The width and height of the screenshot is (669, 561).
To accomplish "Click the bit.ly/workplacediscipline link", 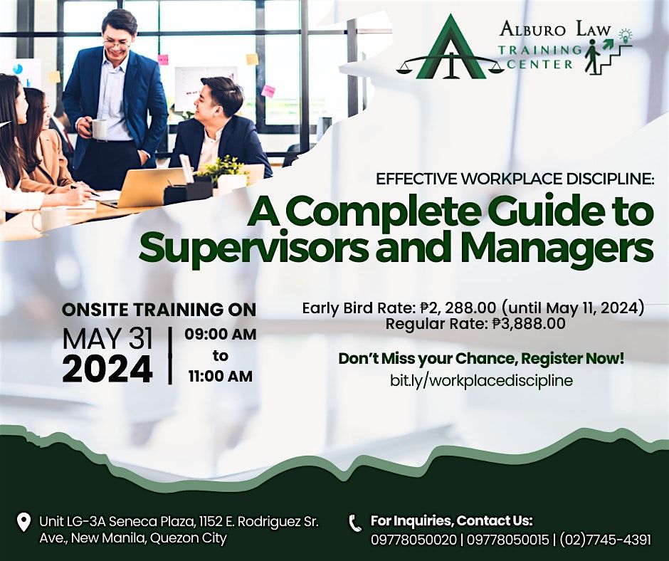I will (x=481, y=380).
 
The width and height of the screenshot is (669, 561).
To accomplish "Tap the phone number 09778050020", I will (x=413, y=540).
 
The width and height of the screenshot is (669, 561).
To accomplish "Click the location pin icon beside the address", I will (x=23, y=523).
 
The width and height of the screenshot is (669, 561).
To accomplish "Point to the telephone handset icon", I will (x=355, y=523).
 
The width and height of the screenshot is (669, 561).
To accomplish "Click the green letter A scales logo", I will (x=450, y=51).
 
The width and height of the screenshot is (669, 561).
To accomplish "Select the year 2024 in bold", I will (x=107, y=369).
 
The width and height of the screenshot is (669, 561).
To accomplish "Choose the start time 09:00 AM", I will (x=221, y=335).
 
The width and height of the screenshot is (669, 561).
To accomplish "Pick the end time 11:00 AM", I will (x=221, y=376).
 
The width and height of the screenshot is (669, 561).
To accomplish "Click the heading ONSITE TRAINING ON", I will (x=159, y=310).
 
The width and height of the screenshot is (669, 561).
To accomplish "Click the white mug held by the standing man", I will (x=98, y=129).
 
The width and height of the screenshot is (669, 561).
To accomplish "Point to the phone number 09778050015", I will (x=507, y=540).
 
